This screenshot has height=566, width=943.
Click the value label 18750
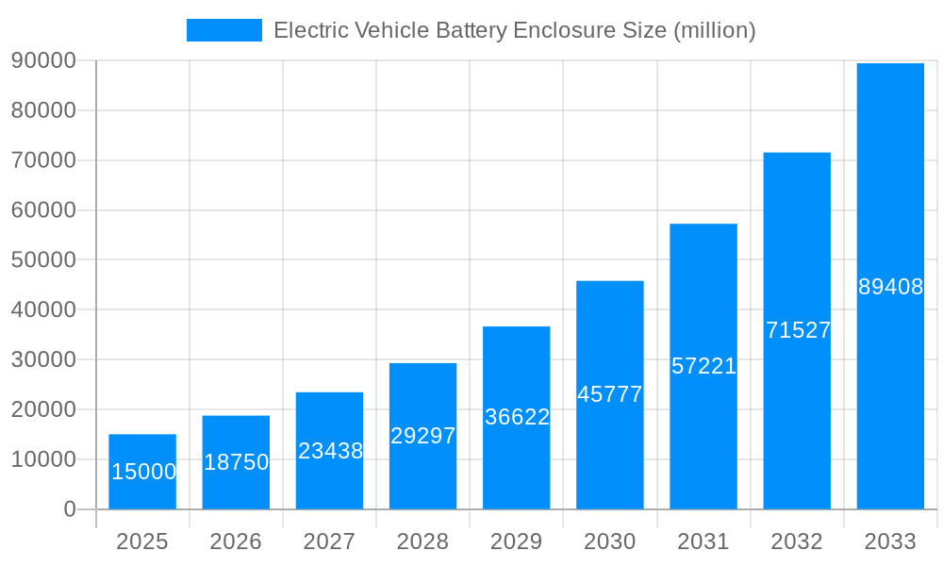coord(236,462)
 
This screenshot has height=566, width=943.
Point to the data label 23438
coord(330,451)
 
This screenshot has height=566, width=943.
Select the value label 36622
coord(517,417)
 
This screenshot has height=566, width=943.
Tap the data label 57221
coord(703,366)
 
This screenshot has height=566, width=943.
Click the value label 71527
coord(798,330)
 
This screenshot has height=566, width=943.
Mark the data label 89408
coord(890,288)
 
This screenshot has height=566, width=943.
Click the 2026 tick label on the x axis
coord(236,541)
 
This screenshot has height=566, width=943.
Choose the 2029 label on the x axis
coord(517,541)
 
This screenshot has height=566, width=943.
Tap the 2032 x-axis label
coord(797,541)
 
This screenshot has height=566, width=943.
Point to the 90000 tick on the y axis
coord(43,60)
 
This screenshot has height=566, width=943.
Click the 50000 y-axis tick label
coord(43,259)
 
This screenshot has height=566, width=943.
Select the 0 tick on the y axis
coord(70,509)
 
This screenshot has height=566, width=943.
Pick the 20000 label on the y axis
coord(43,409)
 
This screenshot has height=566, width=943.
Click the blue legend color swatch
coord(224,30)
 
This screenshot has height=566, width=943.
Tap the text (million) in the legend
coord(714,30)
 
